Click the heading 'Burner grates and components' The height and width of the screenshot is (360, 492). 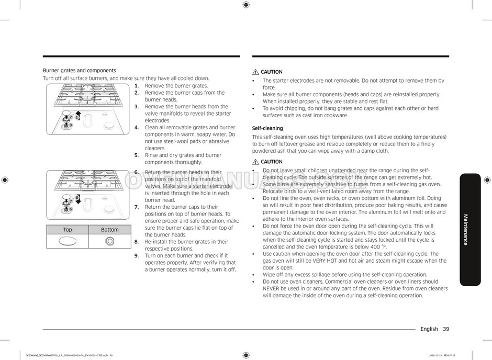79,71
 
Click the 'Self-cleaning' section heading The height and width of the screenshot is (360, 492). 267,128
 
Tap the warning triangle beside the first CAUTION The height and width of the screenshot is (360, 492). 255,72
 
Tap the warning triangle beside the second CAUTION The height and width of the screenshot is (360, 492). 255,162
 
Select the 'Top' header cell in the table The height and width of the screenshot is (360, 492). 68,230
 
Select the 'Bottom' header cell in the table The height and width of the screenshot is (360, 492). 109,230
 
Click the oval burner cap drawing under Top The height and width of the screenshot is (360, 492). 68,241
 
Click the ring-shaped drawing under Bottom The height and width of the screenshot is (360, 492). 109,241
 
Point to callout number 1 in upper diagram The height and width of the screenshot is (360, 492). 76,118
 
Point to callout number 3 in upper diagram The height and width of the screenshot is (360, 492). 70,125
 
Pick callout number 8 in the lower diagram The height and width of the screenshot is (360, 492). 77,198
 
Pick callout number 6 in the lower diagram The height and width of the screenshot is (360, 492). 70,209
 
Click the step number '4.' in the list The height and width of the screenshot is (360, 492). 137,128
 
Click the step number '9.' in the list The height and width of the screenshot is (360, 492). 137,256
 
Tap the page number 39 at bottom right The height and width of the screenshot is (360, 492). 445,329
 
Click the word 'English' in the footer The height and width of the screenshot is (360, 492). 429,329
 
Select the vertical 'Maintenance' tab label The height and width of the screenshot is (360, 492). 465,229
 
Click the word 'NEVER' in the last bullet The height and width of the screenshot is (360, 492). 271,288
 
